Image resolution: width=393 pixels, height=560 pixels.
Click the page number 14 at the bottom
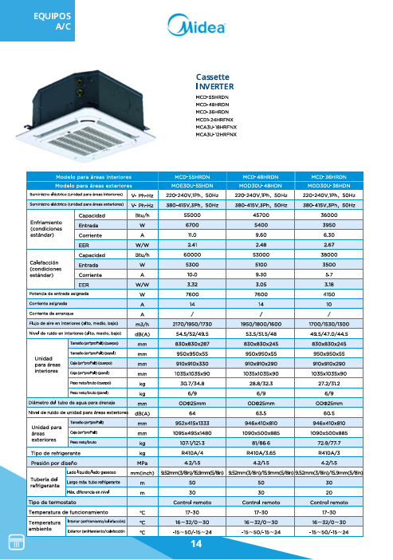tap(195, 543)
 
